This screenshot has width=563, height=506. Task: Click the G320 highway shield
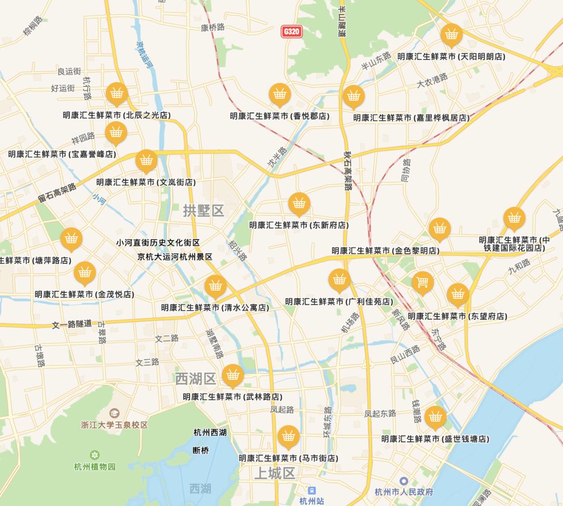pyautogui.click(x=291, y=31)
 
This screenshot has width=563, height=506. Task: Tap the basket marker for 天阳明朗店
pyautogui.click(x=451, y=35)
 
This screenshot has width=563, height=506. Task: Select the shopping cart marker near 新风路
pyautogui.click(x=422, y=282)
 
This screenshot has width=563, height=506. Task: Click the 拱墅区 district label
pyautogui.click(x=203, y=211)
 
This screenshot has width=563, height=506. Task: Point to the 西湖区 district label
pyautogui.click(x=195, y=378)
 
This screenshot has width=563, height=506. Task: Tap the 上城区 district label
pyautogui.click(x=274, y=473)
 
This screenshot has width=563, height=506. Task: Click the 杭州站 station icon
pyautogui.click(x=312, y=490)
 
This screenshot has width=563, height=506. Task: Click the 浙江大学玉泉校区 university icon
pyautogui.click(x=114, y=413)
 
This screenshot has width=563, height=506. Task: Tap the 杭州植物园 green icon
pyautogui.click(x=94, y=455)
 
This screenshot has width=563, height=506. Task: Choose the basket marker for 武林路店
pyautogui.click(x=232, y=375)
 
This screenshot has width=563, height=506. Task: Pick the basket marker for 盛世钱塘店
pyautogui.click(x=435, y=417)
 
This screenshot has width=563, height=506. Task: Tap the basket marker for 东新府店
pyautogui.click(x=299, y=203)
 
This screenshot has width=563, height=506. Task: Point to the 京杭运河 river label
pyautogui.click(x=143, y=55)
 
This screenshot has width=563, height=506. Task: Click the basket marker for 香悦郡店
pyautogui.click(x=280, y=94)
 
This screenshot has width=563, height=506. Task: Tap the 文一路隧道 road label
pyautogui.click(x=72, y=324)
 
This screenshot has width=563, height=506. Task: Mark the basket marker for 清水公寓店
pyautogui.click(x=215, y=286)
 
